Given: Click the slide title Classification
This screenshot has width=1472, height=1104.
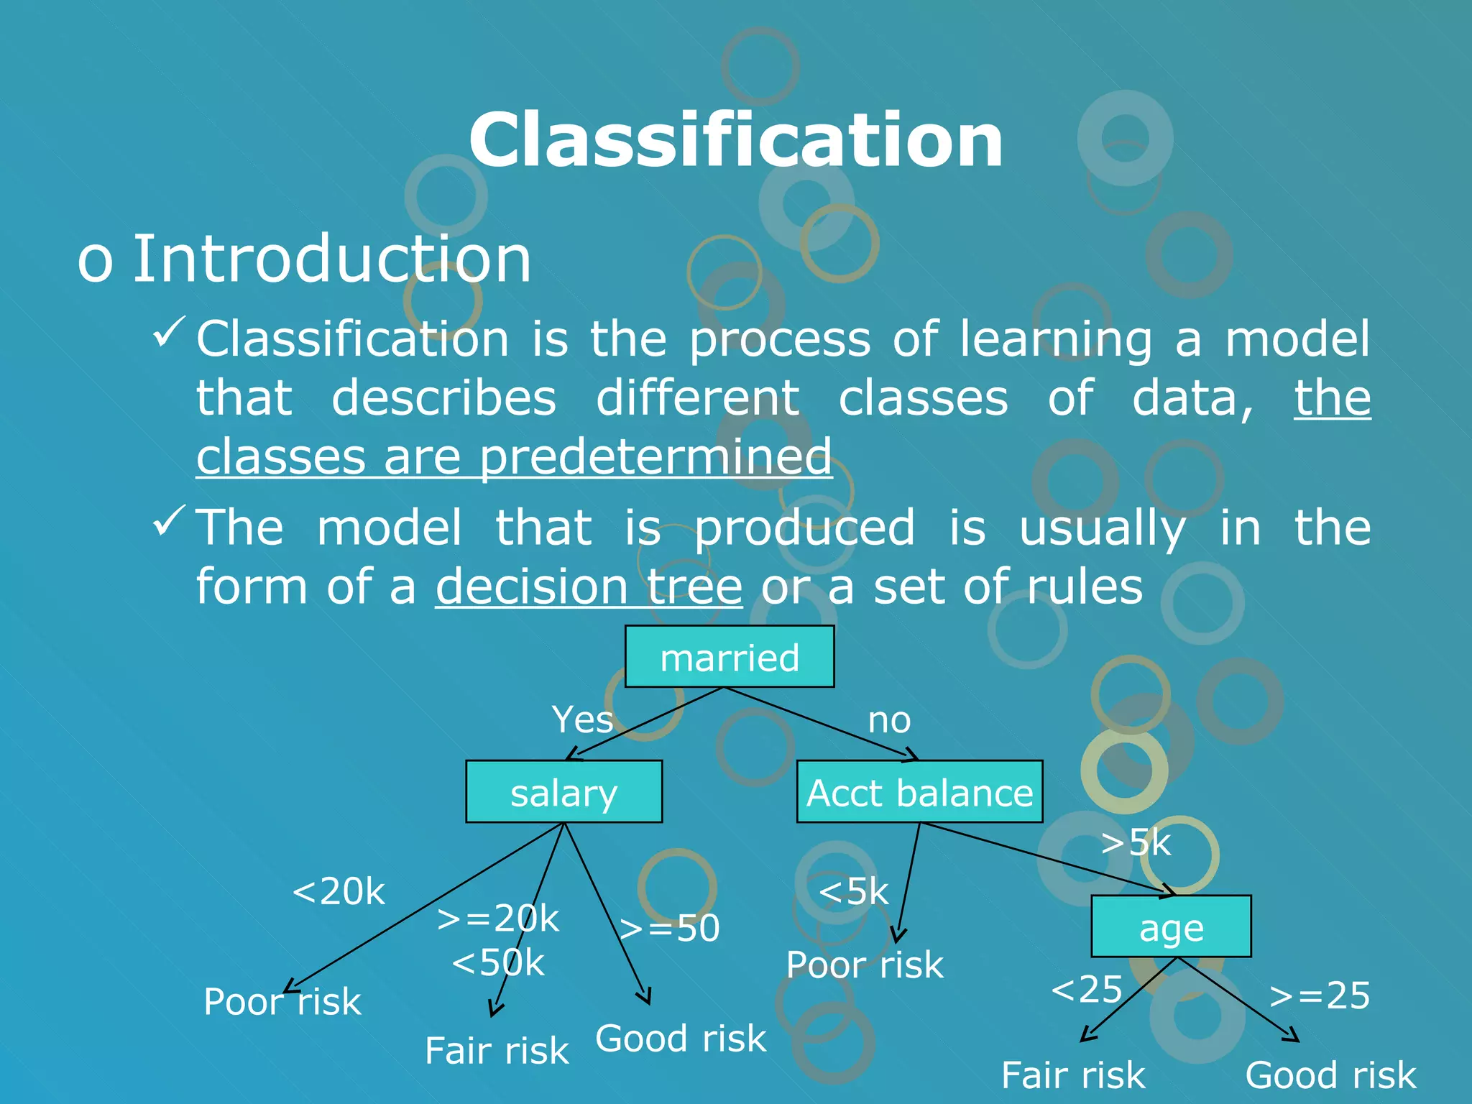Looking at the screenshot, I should point(735,140).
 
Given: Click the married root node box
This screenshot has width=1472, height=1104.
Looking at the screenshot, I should point(729,657).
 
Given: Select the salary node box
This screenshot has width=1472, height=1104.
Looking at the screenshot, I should point(563,792).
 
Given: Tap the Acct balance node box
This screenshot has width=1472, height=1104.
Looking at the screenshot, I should point(919,792).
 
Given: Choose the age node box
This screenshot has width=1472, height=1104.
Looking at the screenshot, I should point(1171,927).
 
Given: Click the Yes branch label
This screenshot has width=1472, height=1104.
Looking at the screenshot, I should point(582,719).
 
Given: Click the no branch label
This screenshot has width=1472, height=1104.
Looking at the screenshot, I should point(889,720).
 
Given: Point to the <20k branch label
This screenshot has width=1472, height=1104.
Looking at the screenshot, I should point(339,892).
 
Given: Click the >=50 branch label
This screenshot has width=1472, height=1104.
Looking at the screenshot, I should point(669,928).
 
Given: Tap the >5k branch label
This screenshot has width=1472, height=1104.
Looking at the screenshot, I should point(1136,842).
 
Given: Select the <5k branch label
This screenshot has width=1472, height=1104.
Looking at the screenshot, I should point(853,892).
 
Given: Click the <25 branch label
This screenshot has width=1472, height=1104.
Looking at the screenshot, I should point(1086,990).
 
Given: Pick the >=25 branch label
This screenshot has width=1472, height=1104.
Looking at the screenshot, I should point(1319,996).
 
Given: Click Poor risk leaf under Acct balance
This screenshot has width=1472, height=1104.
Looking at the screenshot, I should point(865,965).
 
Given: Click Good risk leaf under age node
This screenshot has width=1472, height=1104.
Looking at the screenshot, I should point(1330,1075).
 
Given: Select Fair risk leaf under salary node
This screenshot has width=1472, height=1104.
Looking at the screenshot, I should point(497,1051).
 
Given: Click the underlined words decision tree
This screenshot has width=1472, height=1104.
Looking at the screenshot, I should point(589,586).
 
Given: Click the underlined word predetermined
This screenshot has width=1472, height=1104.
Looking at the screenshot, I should point(655,457).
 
